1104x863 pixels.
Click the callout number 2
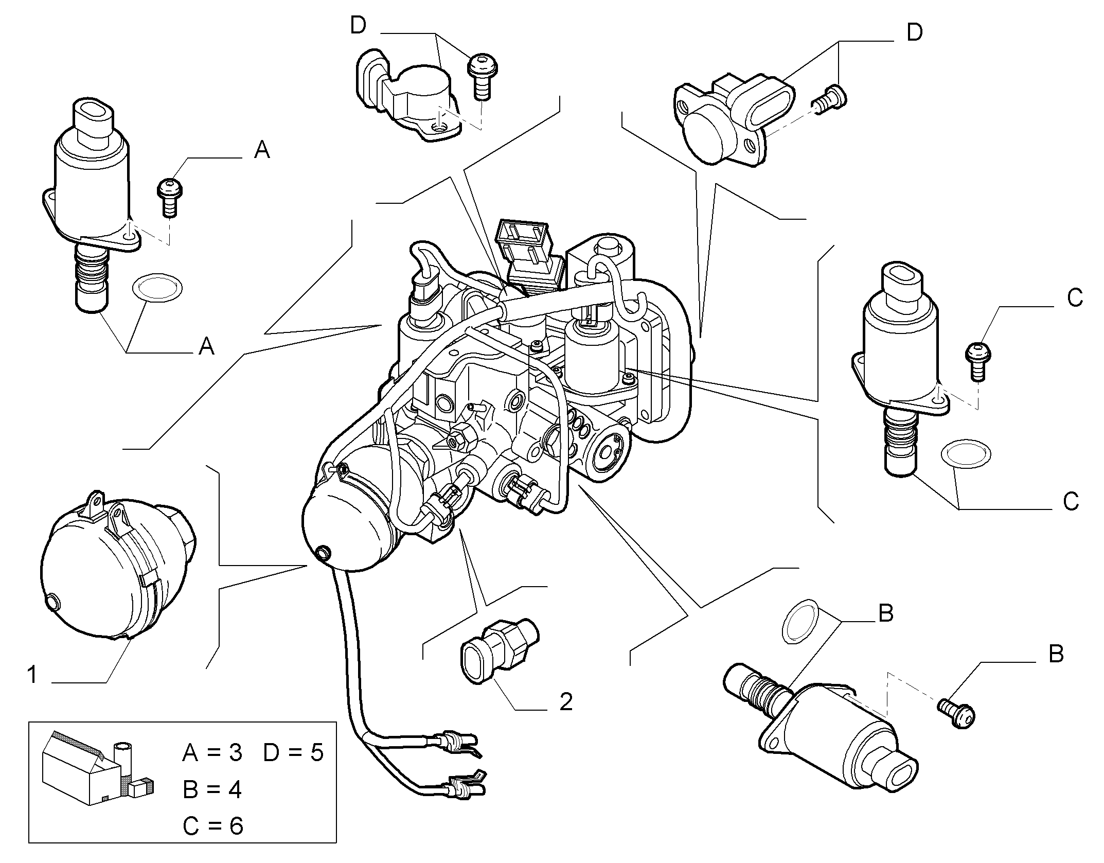point(566,701)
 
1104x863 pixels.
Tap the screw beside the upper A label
point(170,197)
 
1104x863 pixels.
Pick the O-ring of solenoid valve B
point(802,621)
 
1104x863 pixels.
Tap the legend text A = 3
point(212,753)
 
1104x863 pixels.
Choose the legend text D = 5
point(293,753)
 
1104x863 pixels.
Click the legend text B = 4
point(212,789)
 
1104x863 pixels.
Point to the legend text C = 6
point(212,826)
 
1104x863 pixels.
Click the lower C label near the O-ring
point(1071,501)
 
